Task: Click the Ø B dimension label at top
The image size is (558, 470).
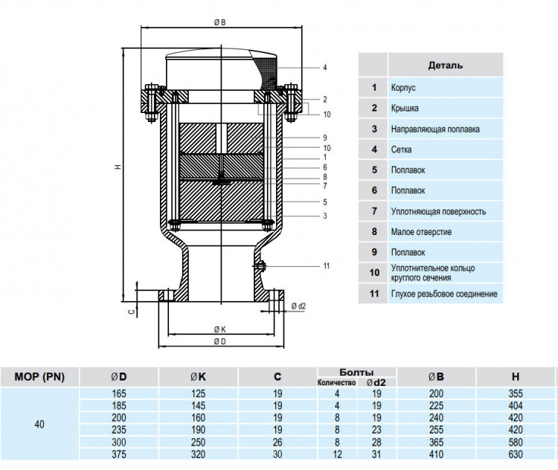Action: point(220,22)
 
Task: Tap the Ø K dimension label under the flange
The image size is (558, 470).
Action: point(220,330)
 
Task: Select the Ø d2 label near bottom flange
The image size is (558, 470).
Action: point(298,306)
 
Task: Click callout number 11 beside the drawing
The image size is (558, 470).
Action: point(327,265)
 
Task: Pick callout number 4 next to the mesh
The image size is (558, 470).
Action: point(325,67)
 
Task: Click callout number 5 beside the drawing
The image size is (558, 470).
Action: point(325,202)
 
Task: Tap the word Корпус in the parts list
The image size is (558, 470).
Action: point(403,88)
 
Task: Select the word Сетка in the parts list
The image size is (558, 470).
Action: point(402,149)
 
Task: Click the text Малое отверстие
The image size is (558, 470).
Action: point(421,232)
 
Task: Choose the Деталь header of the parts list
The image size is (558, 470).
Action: point(446,65)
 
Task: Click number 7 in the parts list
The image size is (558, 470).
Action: point(374,211)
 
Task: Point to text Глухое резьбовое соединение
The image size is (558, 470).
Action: point(444,294)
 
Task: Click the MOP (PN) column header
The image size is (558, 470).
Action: point(39,377)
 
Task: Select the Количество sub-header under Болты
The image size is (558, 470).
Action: point(336,382)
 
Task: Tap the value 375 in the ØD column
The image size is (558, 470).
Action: point(119,454)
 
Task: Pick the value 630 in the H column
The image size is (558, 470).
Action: point(516,454)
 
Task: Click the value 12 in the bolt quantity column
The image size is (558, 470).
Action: point(336,454)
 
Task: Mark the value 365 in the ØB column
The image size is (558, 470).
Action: point(436,442)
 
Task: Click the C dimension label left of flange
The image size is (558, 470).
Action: point(132,312)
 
